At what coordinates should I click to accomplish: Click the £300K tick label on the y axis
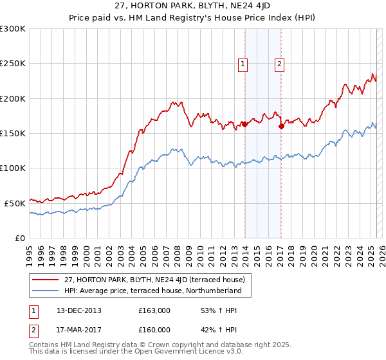tap(12, 29)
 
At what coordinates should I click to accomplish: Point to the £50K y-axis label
tap(14, 203)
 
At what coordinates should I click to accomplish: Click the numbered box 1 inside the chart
tap(243, 64)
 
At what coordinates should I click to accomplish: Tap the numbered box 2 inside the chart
tap(280, 64)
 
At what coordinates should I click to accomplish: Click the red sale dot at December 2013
tap(245, 125)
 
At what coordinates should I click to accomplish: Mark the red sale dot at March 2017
tap(281, 127)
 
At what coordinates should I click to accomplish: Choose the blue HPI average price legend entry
tap(152, 291)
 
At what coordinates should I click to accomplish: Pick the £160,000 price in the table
tap(154, 330)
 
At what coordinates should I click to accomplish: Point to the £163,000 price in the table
tap(154, 310)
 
